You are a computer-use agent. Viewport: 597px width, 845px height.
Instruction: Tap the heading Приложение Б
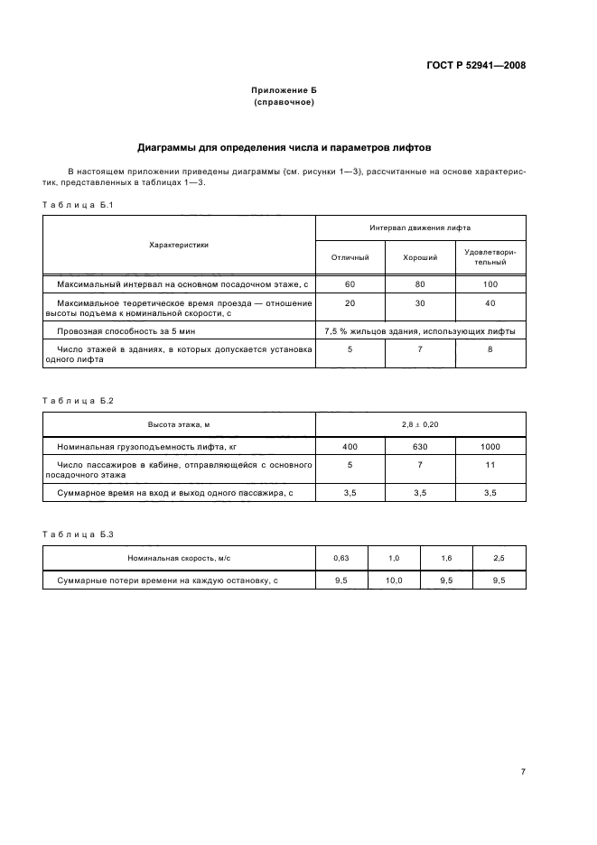[x=285, y=92]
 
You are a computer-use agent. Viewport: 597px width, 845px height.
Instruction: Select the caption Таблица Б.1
[x=77, y=206]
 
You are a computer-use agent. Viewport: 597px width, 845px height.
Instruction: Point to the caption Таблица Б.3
[x=77, y=535]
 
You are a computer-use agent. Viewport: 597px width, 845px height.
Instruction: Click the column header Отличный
[x=350, y=257]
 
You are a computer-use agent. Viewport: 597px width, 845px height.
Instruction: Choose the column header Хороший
[x=419, y=257]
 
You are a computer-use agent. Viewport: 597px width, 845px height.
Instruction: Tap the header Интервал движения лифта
[x=420, y=228]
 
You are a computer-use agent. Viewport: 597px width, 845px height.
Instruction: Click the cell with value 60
[x=350, y=284]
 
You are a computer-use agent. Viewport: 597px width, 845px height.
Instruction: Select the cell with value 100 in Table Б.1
[x=490, y=284]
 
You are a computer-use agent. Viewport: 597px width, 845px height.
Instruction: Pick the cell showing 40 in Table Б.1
[x=490, y=303]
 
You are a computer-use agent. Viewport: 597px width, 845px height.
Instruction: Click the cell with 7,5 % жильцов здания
[x=420, y=331]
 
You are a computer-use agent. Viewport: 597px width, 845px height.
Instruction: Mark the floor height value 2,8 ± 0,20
[x=420, y=423]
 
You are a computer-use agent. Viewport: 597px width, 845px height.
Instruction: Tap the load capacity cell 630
[x=419, y=446]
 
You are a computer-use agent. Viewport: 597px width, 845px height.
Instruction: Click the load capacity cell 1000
[x=490, y=446]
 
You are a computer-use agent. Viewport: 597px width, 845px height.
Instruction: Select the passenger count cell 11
[x=490, y=464]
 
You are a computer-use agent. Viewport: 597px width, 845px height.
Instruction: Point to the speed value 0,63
[x=341, y=560]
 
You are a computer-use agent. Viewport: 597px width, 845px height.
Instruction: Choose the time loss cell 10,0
[x=394, y=580]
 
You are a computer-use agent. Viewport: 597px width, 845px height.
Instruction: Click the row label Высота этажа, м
[x=179, y=423]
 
